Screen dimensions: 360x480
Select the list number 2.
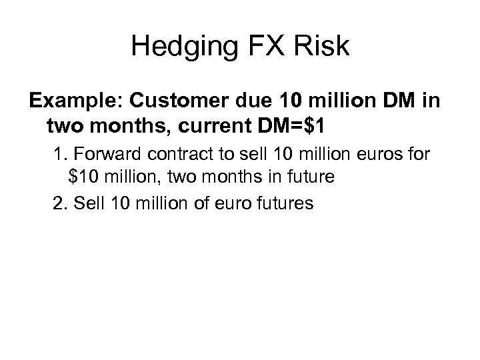tap(59, 203)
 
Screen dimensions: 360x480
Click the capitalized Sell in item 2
tap(85, 203)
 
